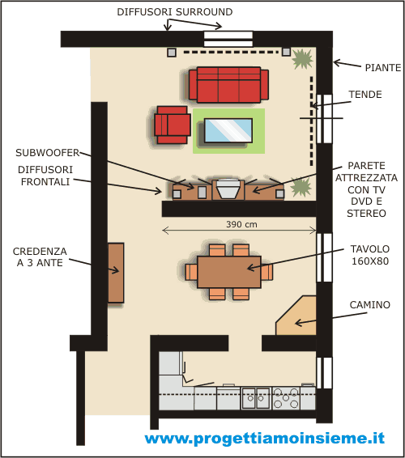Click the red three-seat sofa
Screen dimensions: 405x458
(x=228, y=85)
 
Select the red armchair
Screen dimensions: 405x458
(x=173, y=125)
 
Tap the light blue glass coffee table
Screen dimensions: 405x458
(x=228, y=130)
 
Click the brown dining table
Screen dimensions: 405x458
(x=229, y=272)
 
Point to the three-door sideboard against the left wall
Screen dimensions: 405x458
(x=116, y=273)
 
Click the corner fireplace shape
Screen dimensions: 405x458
(x=296, y=316)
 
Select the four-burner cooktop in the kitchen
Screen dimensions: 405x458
(x=286, y=398)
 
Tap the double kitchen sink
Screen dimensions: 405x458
(x=256, y=398)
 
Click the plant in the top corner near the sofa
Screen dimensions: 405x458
(x=302, y=59)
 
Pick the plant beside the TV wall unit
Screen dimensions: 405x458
(x=301, y=187)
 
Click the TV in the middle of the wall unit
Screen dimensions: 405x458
(x=228, y=189)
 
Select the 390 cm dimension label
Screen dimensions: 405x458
(x=241, y=224)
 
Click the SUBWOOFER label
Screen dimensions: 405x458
(x=48, y=153)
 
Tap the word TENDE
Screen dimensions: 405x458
(x=365, y=95)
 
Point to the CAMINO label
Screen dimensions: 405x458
(x=370, y=305)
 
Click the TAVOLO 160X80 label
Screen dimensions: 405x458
(x=370, y=255)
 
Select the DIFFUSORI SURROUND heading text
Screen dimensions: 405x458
(x=175, y=12)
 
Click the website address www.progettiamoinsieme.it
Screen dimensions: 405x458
(x=265, y=438)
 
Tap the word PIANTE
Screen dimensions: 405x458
(x=383, y=68)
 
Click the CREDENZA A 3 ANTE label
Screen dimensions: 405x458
(x=40, y=257)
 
